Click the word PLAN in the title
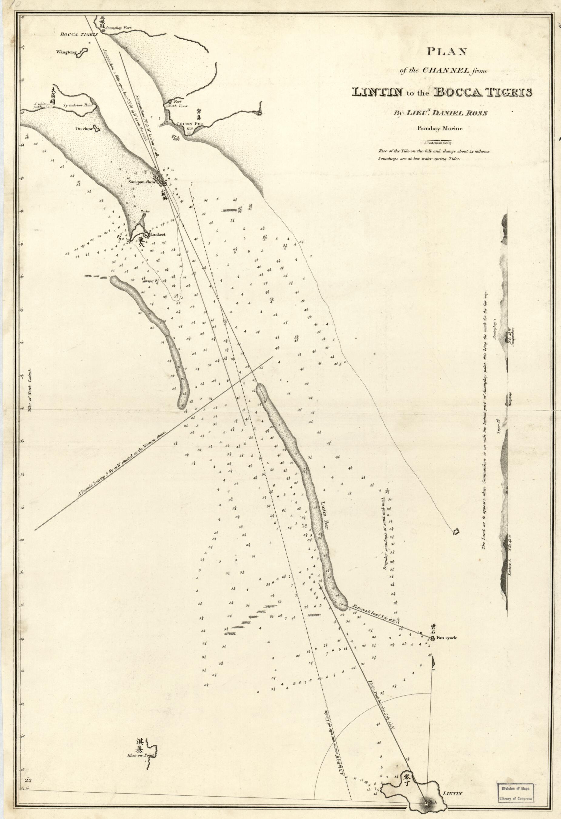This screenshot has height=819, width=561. (447, 52)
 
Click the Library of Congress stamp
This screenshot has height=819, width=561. (516, 781)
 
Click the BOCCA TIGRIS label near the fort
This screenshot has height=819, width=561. (74, 34)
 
